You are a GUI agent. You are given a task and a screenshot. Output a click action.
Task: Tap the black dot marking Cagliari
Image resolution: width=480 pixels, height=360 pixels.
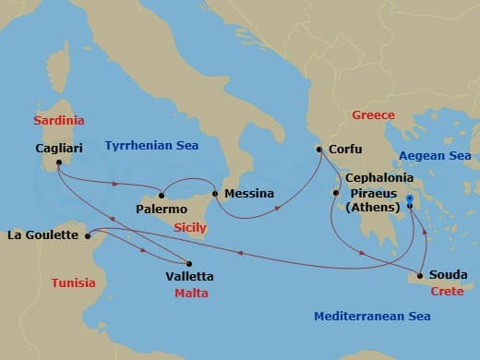click(58, 163)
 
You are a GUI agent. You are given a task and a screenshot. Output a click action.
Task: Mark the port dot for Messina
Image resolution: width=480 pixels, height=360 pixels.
click(215, 194)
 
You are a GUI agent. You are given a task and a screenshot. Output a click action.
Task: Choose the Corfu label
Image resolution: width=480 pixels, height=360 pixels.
click(344, 150)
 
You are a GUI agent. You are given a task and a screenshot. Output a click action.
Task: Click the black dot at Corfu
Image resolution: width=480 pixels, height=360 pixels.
click(319, 150)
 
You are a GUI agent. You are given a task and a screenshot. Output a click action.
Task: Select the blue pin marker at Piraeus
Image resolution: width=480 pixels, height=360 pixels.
click(410, 198)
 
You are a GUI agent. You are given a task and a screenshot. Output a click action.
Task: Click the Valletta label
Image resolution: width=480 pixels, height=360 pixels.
click(188, 276)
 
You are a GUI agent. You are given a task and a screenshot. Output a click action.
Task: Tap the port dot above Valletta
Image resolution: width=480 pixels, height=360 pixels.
click(188, 261)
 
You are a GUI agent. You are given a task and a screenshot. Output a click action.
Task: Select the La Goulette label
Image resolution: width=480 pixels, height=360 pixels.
click(42, 235)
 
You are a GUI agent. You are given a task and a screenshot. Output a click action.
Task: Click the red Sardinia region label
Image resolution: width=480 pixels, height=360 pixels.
click(58, 120)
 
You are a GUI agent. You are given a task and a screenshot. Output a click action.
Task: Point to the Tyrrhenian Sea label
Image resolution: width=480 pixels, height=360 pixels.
click(152, 145)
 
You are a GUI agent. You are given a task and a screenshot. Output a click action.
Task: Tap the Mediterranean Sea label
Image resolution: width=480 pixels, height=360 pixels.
click(371, 316)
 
